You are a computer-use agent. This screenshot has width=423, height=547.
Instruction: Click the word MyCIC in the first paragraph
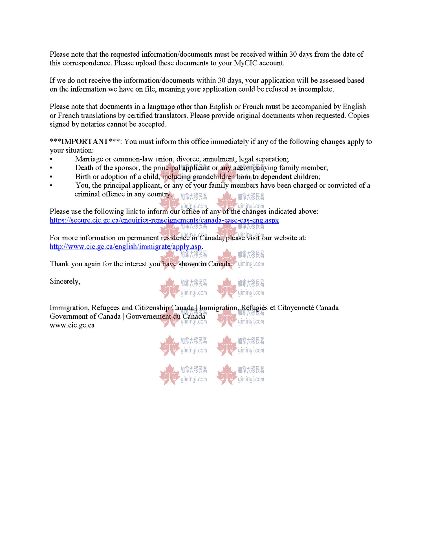tap(245, 63)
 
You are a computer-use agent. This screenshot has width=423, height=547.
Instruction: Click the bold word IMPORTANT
tap(85, 141)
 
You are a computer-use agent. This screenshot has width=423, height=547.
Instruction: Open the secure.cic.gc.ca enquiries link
tap(164, 220)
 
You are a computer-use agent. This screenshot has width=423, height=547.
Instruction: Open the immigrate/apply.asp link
tap(125, 247)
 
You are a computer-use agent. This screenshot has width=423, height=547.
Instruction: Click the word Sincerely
tap(65, 281)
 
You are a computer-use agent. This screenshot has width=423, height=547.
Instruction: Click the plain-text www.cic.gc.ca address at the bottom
tap(72, 325)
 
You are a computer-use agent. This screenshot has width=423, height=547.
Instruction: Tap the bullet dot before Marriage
tap(51, 160)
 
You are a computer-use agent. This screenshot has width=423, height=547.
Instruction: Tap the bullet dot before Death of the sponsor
tap(51, 168)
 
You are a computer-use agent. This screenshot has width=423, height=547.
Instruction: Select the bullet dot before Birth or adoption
tap(51, 177)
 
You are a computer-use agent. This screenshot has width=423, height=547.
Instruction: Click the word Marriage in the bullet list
tap(89, 159)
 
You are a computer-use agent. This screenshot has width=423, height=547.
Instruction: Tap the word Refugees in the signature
tap(105, 308)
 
